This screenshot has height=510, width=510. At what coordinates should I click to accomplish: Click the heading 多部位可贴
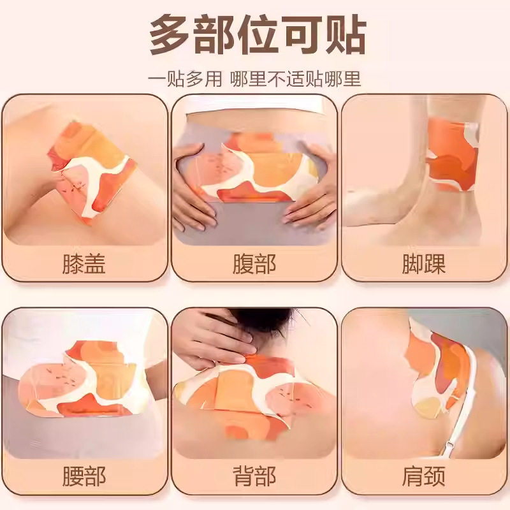pos(258,36)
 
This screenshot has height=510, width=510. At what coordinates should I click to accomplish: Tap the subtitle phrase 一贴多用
pos(185,79)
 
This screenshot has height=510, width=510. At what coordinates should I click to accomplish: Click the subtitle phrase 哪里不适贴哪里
pos(296,79)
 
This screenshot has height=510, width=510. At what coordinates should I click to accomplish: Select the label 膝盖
pos(84,263)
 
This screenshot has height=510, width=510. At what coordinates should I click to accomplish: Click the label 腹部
pos(254,263)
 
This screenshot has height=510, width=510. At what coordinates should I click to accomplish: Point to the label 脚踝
pos(423,263)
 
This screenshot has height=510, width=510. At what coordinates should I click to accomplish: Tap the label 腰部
pos(84,476)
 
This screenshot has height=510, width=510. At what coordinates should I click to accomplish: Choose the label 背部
pos(254,476)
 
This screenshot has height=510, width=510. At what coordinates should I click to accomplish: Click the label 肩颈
pos(423,476)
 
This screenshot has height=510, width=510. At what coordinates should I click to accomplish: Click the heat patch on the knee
pos(91,172)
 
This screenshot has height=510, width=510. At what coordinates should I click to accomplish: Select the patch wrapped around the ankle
pos(452,154)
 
